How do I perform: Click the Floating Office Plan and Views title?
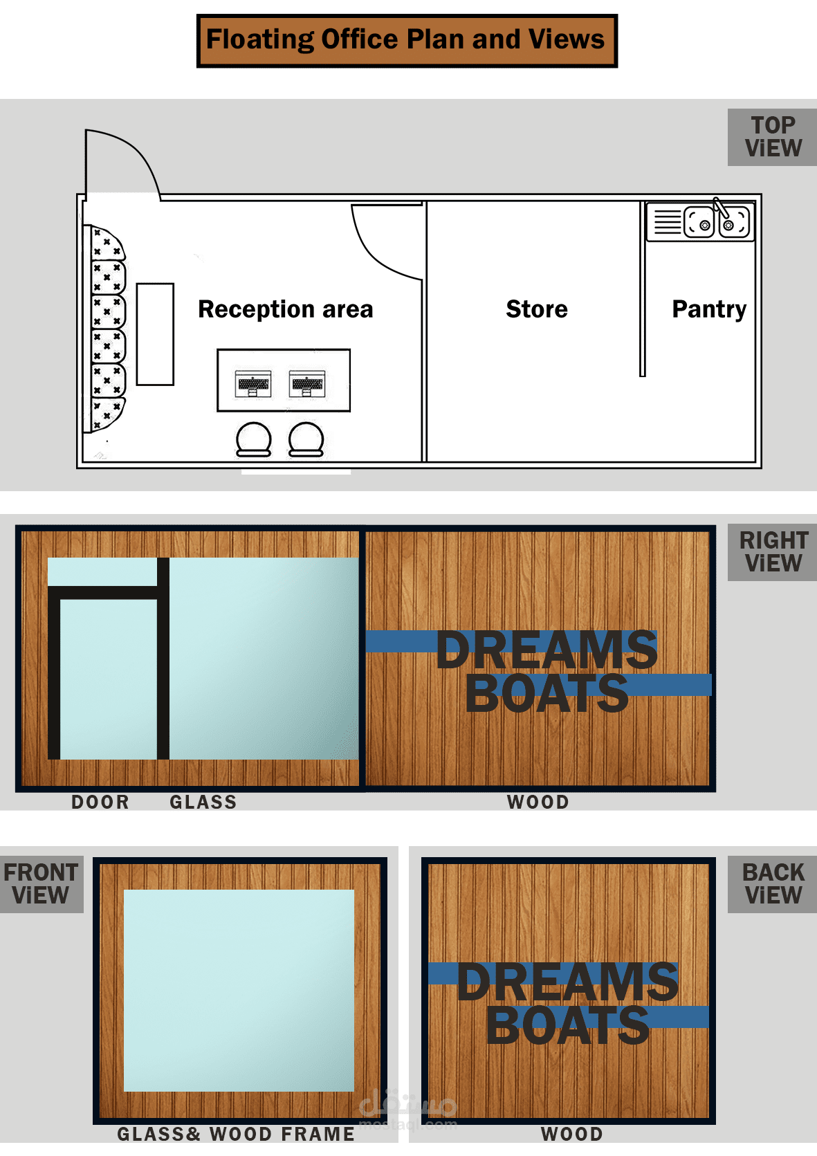pos(407,40)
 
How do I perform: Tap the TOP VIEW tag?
pos(772,137)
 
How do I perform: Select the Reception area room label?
pos(286,309)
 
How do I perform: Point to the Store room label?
pos(537,309)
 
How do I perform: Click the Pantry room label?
pos(709,310)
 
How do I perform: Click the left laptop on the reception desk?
pos(253,383)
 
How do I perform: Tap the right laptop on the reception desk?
pos(307,383)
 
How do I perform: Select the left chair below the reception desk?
pos(253,440)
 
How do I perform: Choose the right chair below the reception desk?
pos(306,440)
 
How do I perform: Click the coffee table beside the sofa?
pos(155,334)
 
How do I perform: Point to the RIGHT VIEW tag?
pos(772,551)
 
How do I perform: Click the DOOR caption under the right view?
pos(100,802)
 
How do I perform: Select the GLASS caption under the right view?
pos(203,802)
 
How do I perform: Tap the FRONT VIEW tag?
pos(42,884)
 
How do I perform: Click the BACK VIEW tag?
pos(772,884)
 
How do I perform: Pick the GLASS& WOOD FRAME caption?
pos(236,1134)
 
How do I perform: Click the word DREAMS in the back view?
pos(568,982)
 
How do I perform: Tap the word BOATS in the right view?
pos(547,694)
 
